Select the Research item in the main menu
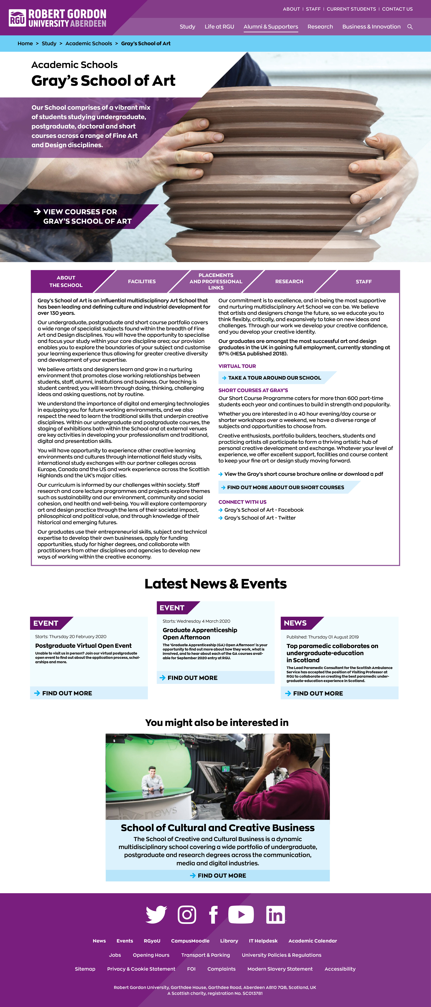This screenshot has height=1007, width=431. point(320,27)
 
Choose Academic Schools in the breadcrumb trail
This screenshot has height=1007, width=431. point(88,43)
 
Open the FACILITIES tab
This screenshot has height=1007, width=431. point(142,281)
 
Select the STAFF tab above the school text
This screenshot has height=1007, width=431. point(363,281)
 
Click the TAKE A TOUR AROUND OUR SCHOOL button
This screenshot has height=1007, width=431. point(274,378)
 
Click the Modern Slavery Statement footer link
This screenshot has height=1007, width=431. point(280,969)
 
